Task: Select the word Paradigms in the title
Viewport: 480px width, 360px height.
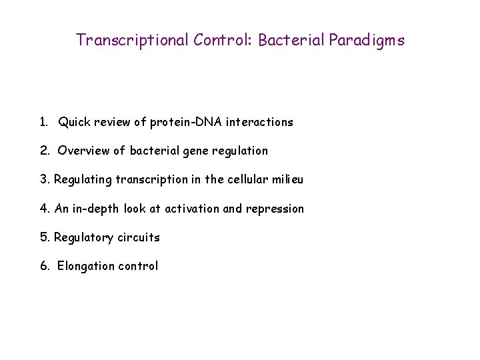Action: coord(365,40)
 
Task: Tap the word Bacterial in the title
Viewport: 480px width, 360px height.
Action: coord(289,40)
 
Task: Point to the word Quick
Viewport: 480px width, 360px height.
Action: coord(75,122)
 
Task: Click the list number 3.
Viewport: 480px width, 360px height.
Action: coord(44,179)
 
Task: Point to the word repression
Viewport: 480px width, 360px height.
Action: coord(275,209)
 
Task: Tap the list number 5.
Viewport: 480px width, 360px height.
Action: coord(44,237)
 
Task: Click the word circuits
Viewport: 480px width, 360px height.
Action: coord(139,237)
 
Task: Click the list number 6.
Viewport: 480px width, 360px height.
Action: coord(44,266)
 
